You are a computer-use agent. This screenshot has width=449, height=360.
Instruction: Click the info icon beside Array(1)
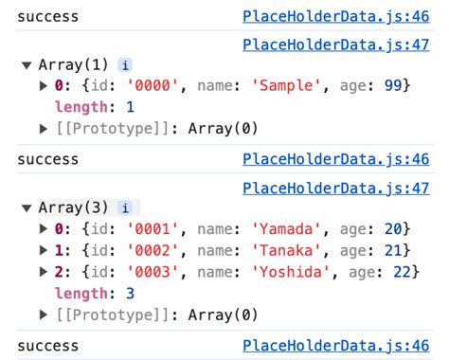[124, 65]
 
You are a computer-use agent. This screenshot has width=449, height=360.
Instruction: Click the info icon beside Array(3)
[124, 207]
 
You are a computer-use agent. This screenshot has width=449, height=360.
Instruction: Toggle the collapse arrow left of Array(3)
[26, 207]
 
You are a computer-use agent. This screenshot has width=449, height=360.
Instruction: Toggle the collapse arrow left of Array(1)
[26, 65]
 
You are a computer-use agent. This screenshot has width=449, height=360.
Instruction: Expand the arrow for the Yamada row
[43, 229]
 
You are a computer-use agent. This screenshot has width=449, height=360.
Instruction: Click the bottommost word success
[48, 345]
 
